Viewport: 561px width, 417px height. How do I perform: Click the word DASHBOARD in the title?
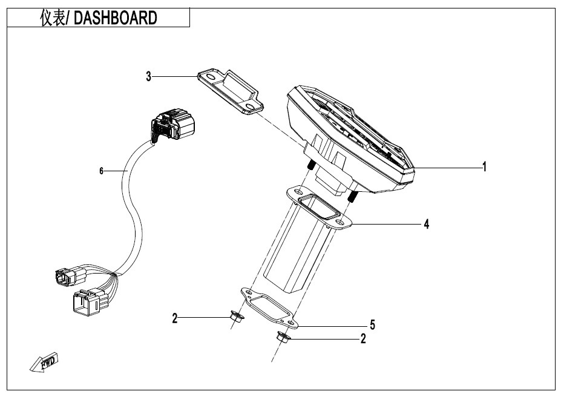115,18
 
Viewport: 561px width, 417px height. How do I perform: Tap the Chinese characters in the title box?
52,18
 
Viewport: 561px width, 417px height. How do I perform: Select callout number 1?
484,167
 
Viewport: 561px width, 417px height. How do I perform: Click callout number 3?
148,76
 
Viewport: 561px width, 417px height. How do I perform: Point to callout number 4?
426,225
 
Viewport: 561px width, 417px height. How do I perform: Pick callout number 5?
372,325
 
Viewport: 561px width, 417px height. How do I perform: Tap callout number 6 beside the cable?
101,171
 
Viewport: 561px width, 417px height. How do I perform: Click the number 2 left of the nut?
175,318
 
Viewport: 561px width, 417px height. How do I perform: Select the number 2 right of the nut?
363,338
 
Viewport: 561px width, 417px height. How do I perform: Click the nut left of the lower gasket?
237,316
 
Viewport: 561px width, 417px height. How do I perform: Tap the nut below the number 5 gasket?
283,337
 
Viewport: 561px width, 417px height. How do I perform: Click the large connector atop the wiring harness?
173,125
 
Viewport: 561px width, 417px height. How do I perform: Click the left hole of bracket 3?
211,77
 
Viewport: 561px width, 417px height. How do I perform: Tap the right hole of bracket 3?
251,107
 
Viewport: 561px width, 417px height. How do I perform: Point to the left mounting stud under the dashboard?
310,165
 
